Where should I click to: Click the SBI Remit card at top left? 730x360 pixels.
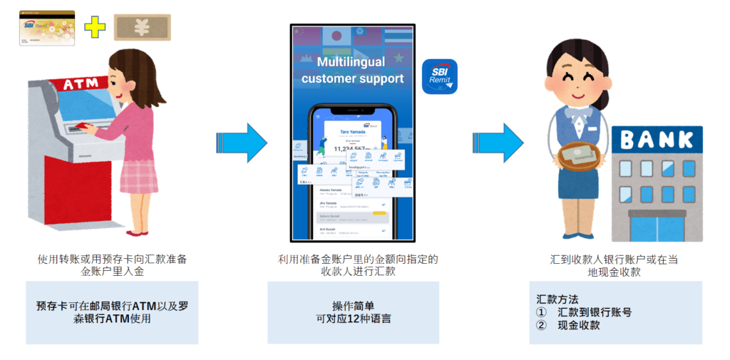coord(47,28)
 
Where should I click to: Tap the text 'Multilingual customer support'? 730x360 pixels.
coord(352,71)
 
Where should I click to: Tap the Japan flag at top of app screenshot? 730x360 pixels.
coord(334,36)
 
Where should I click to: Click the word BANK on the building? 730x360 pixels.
coord(657,139)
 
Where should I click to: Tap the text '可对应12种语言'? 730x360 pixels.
coord(353,319)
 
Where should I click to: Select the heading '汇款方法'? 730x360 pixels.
coord(557,298)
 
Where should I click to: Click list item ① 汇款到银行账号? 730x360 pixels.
coord(584,312)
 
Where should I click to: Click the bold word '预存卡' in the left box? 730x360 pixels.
coord(52,305)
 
